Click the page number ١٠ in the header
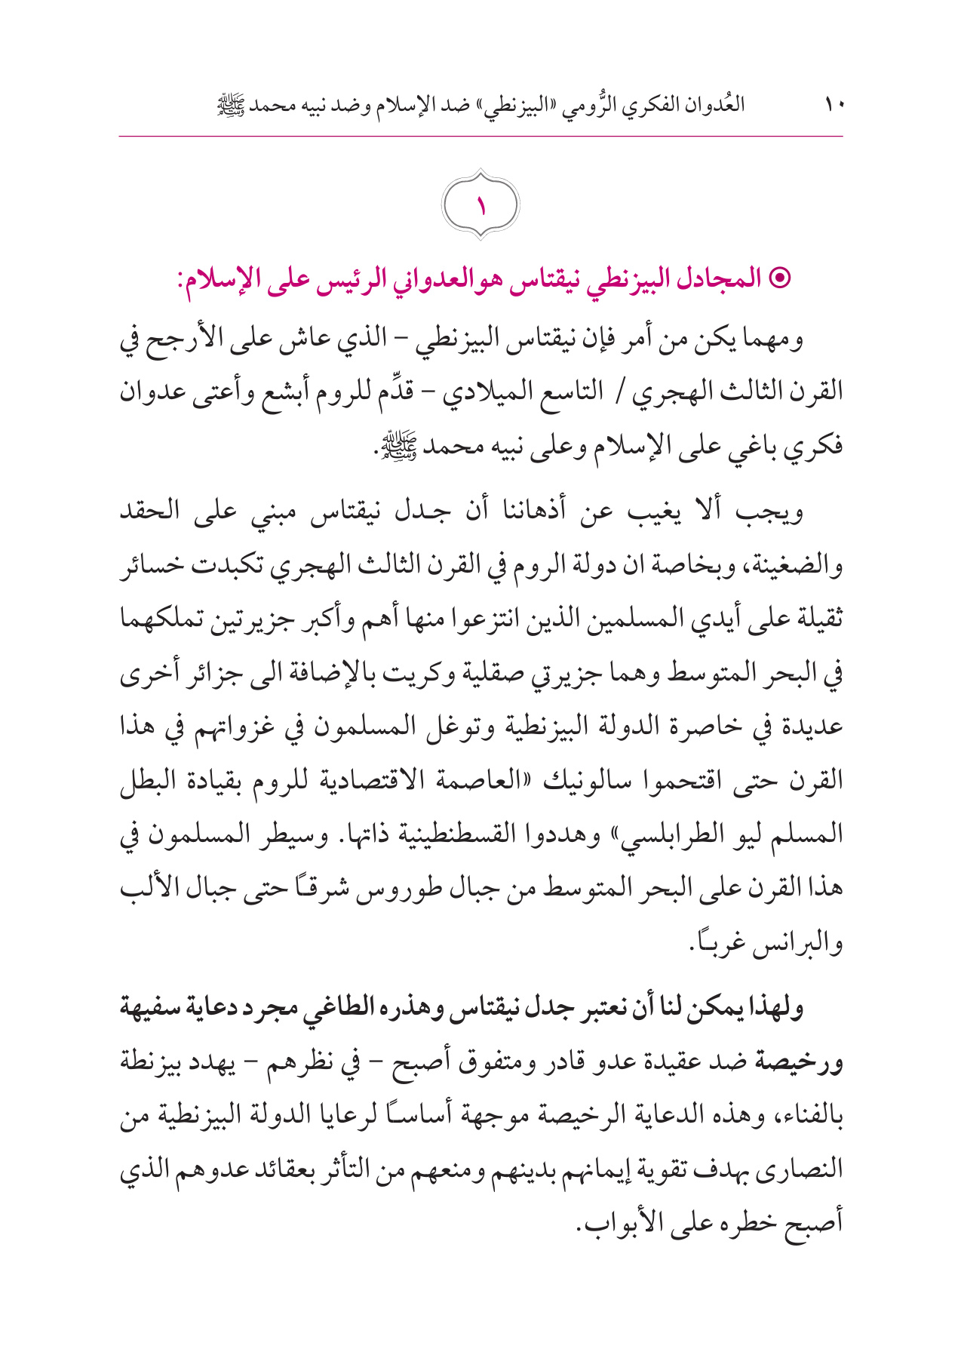834,103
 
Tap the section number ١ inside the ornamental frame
480,206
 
